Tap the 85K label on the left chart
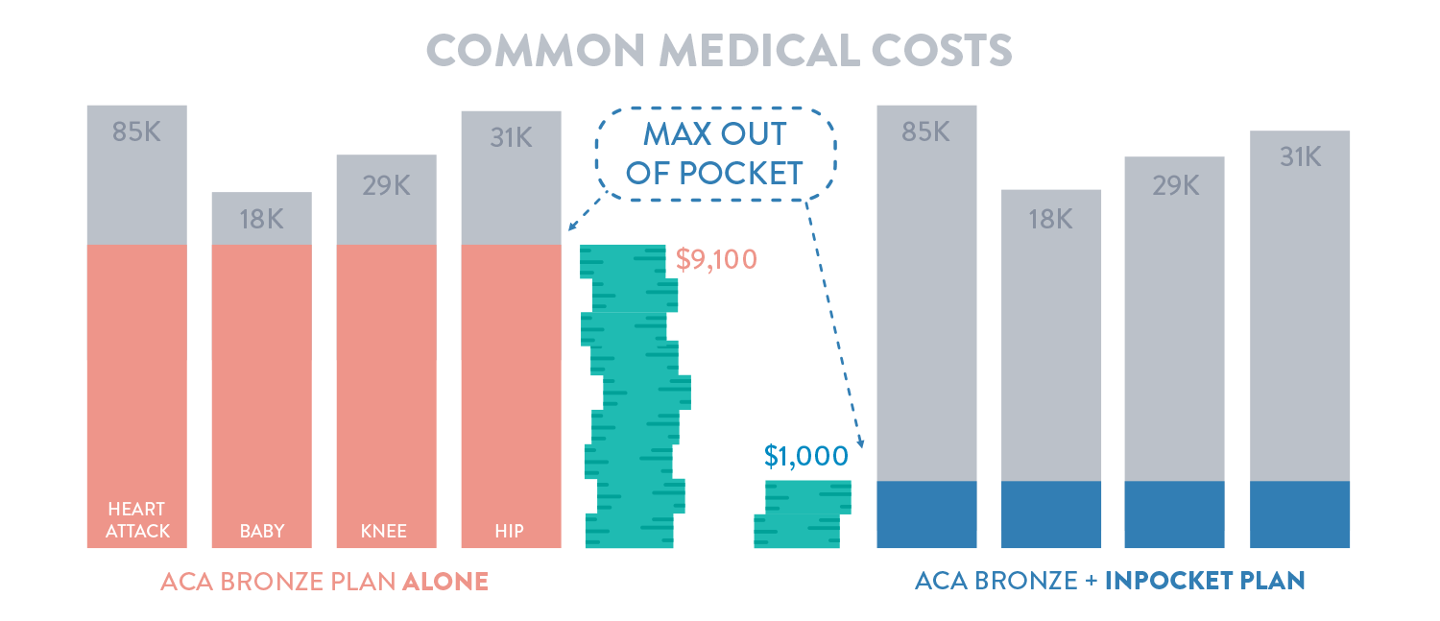click(136, 131)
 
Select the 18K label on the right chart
click(1049, 219)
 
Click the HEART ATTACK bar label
click(137, 519)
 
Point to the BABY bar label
click(262, 531)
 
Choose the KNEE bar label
click(386, 531)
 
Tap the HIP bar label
click(510, 531)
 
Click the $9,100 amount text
click(716, 259)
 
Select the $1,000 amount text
click(806, 456)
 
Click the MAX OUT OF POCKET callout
click(715, 154)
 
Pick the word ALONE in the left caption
click(444, 582)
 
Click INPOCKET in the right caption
click(1164, 582)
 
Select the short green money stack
click(802, 514)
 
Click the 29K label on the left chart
click(386, 185)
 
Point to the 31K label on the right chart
click(1299, 156)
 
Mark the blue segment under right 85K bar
click(926, 514)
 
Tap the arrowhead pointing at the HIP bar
click(571, 227)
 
